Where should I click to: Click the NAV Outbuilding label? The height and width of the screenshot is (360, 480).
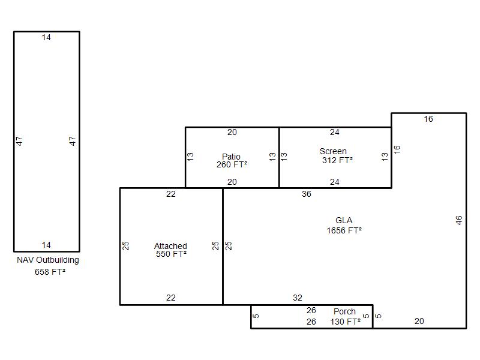pos(48,260)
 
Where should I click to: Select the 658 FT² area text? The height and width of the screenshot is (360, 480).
pos(50,272)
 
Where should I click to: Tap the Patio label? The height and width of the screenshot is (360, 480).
pos(231,157)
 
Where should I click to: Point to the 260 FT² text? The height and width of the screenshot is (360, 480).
pos(232,164)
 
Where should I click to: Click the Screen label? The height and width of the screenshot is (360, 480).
pos(333,151)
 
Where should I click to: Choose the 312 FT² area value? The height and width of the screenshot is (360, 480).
pos(337,160)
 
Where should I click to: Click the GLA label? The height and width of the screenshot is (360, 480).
pos(344,220)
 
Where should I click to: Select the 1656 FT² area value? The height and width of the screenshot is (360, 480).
pos(344,230)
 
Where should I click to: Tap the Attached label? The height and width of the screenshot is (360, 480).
pos(170,246)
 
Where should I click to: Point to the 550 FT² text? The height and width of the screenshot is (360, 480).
pos(171,254)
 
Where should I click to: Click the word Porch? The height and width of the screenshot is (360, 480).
pos(344,311)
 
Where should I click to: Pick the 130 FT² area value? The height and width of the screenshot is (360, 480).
pos(346,322)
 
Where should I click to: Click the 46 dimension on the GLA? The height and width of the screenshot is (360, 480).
pos(458,220)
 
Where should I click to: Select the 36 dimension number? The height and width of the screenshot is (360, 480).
pos(307,194)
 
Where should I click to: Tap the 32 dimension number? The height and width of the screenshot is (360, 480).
pos(298,298)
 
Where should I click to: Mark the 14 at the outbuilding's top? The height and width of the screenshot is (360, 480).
pos(46,38)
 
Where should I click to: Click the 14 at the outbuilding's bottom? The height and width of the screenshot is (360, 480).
pos(46,245)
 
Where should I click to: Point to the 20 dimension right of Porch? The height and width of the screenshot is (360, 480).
pos(419,321)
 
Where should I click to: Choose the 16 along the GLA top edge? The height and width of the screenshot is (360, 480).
pos(428,119)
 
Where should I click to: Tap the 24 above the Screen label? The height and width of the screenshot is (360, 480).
pos(335,132)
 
